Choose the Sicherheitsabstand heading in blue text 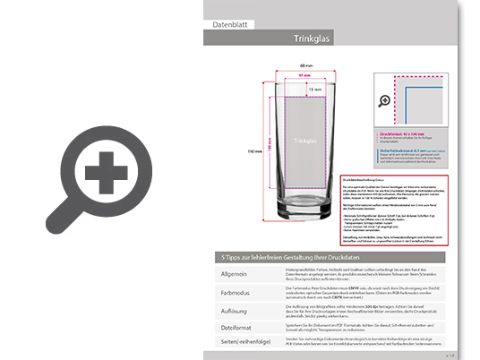click(x=401, y=150)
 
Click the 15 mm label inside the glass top click(x=312, y=90)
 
